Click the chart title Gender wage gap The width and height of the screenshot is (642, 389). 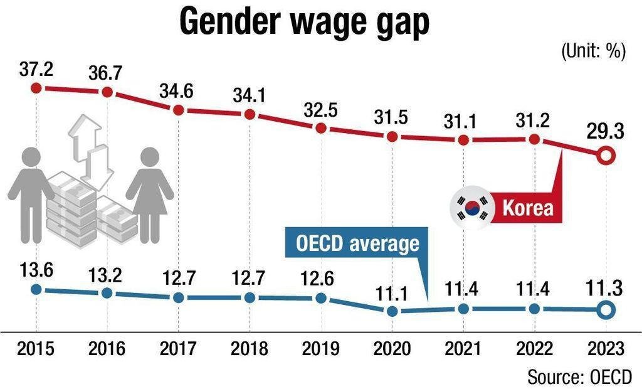(x=305, y=23)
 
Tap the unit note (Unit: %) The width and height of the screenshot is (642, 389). (x=593, y=52)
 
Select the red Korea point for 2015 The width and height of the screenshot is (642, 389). (x=36, y=88)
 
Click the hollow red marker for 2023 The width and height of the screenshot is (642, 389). (x=605, y=155)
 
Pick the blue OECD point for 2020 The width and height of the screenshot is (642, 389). (x=392, y=311)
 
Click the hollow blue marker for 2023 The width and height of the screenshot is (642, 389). (x=605, y=309)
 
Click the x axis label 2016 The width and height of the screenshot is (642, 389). (x=107, y=348)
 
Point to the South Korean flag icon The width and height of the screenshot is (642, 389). (x=470, y=207)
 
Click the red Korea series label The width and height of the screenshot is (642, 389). (x=529, y=208)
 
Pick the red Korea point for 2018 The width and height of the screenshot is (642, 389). (x=250, y=114)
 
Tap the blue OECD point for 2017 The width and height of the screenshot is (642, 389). (x=178, y=297)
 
